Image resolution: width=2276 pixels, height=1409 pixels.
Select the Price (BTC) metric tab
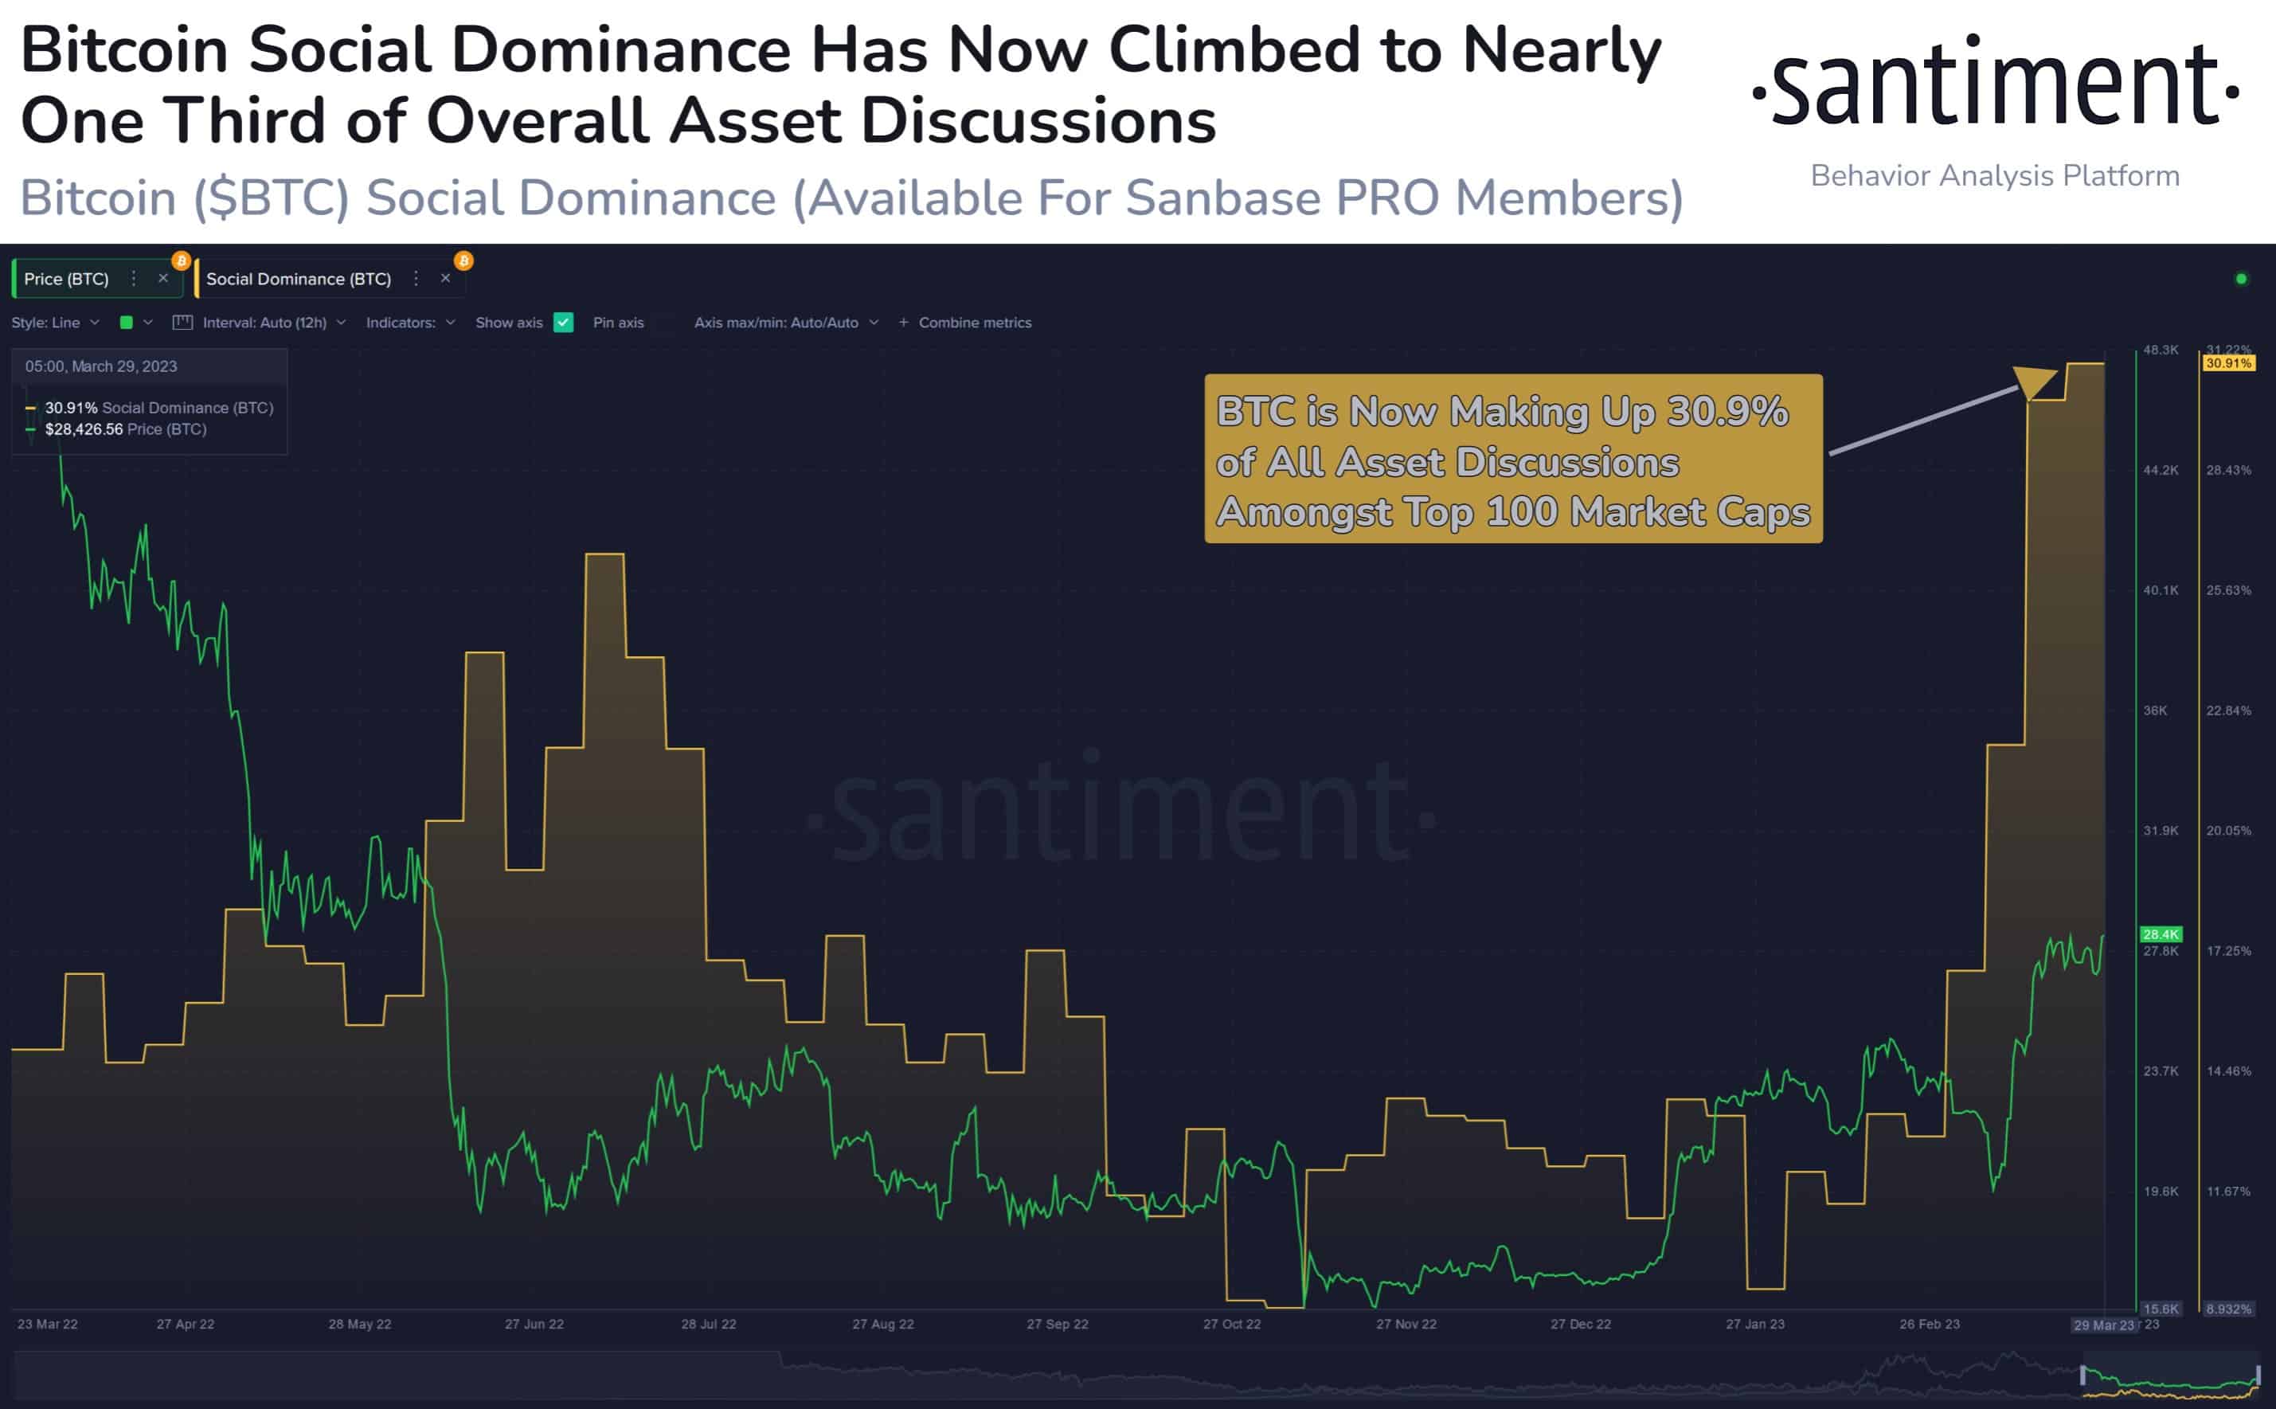[66, 279]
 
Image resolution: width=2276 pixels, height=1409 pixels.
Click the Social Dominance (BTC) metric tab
[298, 279]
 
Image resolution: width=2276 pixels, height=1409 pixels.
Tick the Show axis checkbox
[563, 323]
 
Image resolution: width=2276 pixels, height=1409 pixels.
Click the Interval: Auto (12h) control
[264, 323]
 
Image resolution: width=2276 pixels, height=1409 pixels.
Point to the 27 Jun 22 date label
[534, 1325]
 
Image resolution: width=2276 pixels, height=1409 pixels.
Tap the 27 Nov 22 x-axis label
[1406, 1325]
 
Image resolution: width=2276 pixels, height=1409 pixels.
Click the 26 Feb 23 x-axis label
[1930, 1325]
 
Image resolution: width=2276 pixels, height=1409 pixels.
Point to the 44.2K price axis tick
[2161, 471]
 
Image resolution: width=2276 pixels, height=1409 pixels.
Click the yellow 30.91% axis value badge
[2228, 363]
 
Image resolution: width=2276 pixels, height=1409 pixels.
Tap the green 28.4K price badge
[2161, 933]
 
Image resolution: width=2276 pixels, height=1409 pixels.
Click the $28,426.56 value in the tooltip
[84, 429]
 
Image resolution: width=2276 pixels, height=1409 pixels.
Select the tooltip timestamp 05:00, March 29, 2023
[100, 366]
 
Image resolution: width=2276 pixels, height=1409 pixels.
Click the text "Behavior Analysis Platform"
[1995, 176]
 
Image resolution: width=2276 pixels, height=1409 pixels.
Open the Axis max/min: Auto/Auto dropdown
[785, 323]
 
